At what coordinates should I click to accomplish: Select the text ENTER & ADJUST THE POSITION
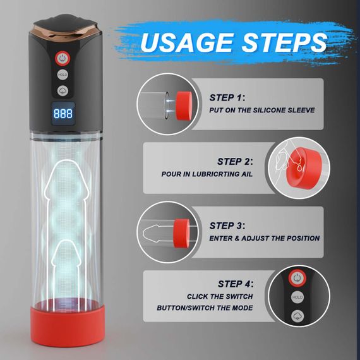click(x=265, y=238)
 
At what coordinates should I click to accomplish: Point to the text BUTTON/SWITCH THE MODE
click(x=205, y=308)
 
